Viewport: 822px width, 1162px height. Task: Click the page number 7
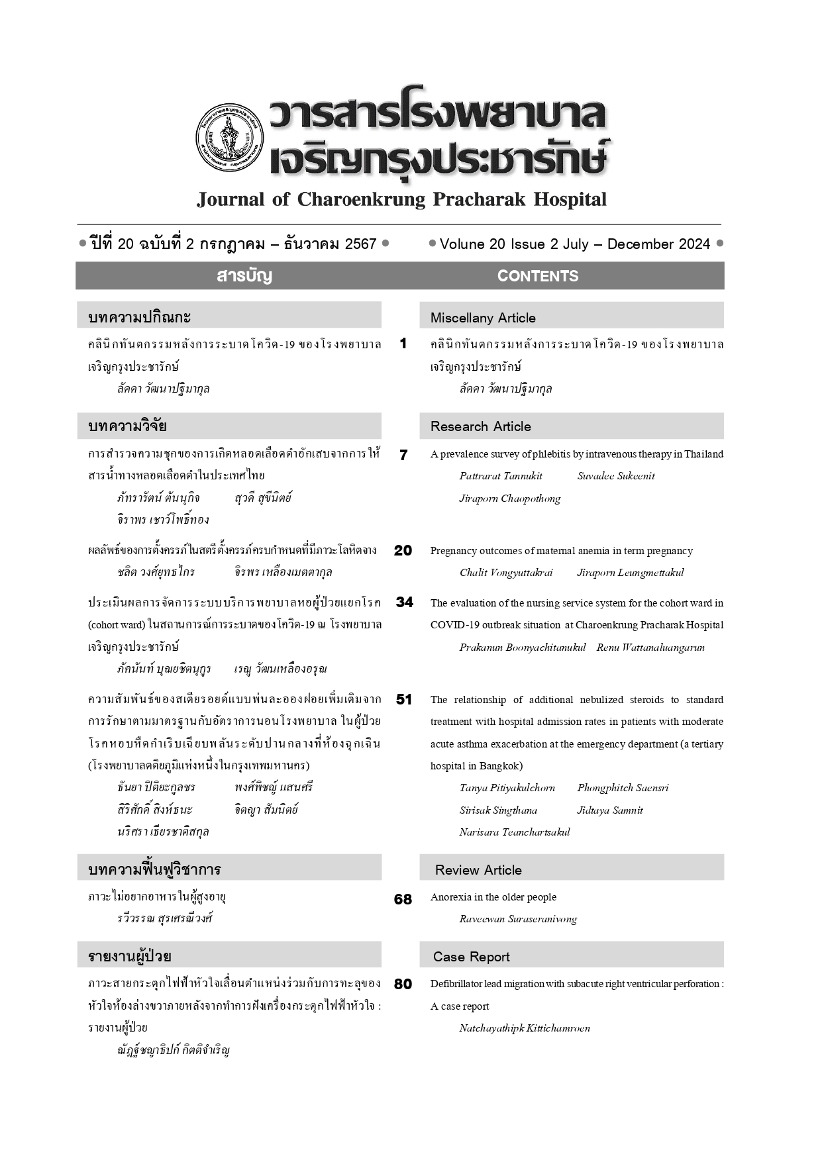(x=403, y=455)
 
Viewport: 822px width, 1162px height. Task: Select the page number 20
(x=403, y=550)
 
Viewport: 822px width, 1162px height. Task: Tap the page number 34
(x=404, y=603)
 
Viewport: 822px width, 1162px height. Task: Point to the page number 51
(x=403, y=699)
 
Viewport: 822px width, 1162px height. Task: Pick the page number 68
(x=403, y=899)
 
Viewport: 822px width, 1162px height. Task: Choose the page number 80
(x=403, y=985)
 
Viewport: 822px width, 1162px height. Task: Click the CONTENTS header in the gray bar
(x=537, y=276)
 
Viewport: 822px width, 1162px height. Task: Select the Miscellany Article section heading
(x=483, y=318)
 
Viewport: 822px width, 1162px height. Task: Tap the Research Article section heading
(x=481, y=426)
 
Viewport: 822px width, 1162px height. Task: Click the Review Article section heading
(x=478, y=870)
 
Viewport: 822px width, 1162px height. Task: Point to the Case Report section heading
(x=472, y=957)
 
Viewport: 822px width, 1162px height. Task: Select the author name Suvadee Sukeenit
(x=616, y=476)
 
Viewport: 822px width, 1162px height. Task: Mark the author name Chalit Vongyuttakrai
(x=506, y=573)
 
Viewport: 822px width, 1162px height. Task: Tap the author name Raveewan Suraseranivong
(x=518, y=919)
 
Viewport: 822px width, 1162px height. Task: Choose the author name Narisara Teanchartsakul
(x=515, y=832)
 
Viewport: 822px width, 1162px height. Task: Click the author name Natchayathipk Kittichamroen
(x=525, y=1028)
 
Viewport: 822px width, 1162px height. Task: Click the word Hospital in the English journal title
(x=570, y=199)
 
